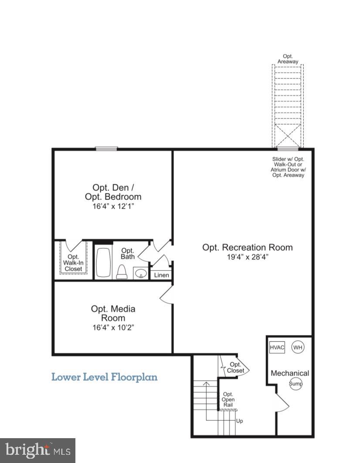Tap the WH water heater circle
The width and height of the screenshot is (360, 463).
point(298,347)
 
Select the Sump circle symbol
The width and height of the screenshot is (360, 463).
point(295,384)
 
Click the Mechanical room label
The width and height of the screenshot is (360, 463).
point(290,373)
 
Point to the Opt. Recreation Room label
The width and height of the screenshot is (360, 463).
point(247,247)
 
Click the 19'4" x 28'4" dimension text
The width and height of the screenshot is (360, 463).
point(247,257)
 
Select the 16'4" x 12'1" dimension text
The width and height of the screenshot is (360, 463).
point(113,206)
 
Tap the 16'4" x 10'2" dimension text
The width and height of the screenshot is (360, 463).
point(113,328)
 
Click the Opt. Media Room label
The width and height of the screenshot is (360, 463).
point(113,313)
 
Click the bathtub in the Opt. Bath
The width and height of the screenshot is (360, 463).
point(103,262)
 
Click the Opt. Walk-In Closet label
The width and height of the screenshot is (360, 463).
point(73,263)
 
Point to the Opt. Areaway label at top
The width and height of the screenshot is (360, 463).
point(288,59)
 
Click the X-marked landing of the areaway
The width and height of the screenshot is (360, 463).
point(288,136)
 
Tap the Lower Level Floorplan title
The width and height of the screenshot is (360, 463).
point(105,377)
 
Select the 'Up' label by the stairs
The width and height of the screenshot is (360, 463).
point(239,421)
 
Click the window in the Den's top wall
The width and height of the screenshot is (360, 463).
point(107,149)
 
